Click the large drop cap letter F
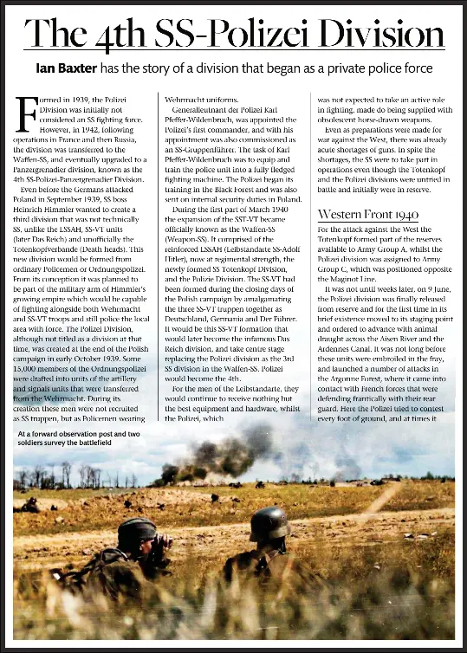27,113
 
